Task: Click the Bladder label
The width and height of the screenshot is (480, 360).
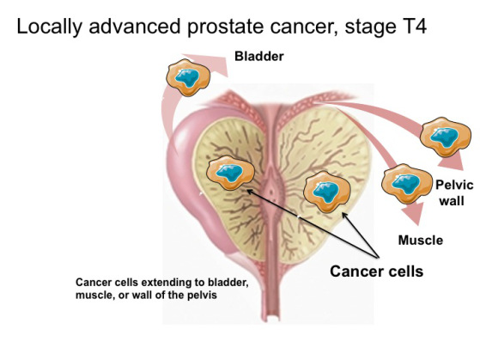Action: [x=259, y=57]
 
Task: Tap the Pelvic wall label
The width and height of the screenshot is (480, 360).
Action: [x=454, y=193]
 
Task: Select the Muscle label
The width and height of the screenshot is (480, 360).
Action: [x=420, y=240]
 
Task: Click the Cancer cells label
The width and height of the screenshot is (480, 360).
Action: [x=377, y=272]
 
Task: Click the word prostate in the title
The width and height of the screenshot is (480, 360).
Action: [x=225, y=27]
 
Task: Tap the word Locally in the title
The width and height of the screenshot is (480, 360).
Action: [x=49, y=27]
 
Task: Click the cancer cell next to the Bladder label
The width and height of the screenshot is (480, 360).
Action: [x=188, y=77]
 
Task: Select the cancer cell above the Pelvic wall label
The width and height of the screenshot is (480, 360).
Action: [x=446, y=137]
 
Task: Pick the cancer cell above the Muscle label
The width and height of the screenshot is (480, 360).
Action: [x=406, y=184]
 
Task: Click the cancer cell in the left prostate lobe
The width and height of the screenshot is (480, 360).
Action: [x=230, y=173]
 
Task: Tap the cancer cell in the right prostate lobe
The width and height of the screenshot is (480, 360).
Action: [x=326, y=192]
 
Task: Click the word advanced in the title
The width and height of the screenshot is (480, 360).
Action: [x=135, y=27]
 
